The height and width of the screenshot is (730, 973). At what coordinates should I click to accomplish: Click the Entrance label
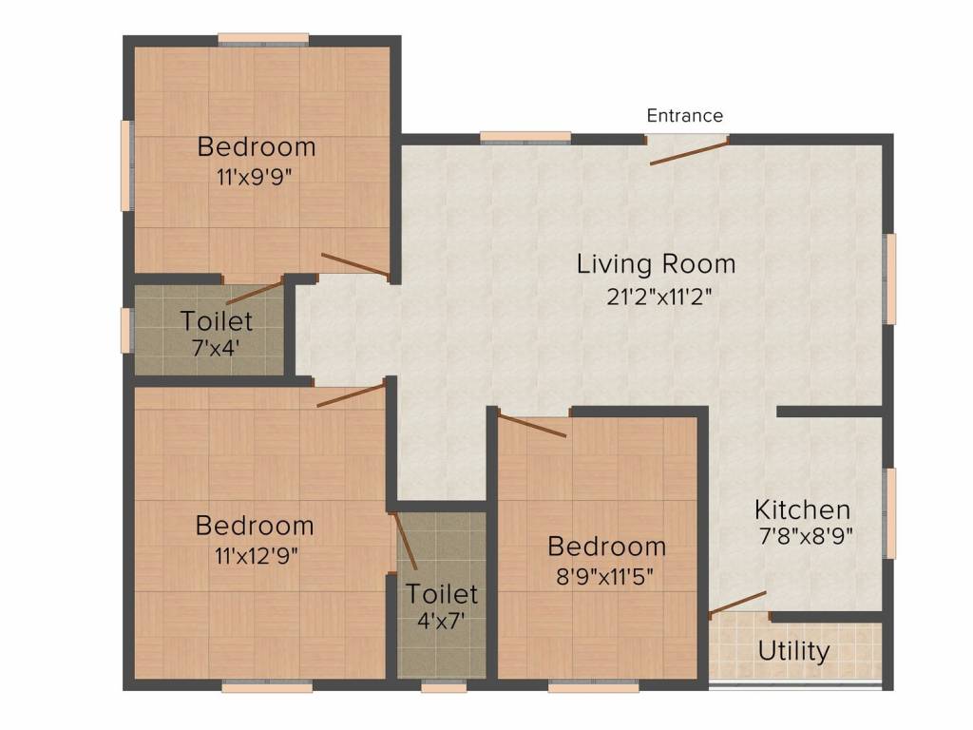pos(684,116)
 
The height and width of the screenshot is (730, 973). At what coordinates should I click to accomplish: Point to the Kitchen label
pos(802,509)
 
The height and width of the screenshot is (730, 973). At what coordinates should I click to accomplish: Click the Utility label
pos(793,651)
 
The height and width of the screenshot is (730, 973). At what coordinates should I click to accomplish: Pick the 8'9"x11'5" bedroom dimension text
pos(606,576)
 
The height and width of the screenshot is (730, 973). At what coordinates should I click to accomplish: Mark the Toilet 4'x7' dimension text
pos(442,621)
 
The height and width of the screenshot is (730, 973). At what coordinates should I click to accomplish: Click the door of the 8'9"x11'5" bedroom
pos(532,426)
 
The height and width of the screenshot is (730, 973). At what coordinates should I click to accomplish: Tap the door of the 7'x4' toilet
pos(255,291)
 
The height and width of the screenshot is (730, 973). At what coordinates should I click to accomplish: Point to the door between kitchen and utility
pos(737,604)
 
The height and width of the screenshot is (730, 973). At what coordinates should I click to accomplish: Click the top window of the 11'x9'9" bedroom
pos(263,39)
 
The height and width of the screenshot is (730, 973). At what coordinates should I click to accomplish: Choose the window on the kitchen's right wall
pos(890,512)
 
